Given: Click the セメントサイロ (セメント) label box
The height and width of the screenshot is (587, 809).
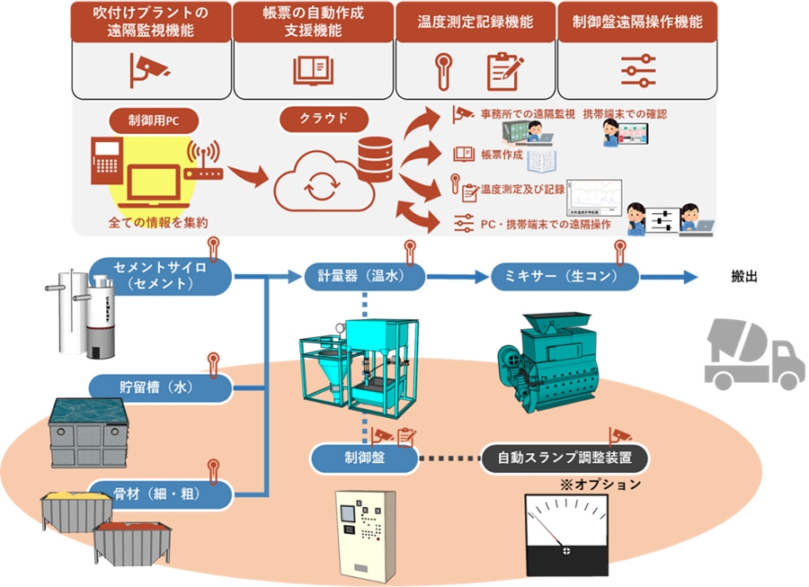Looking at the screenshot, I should (x=160, y=274).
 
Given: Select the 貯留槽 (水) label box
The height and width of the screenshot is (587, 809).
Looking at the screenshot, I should (x=160, y=388).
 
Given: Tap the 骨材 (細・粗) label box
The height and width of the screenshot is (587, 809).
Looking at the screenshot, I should (x=160, y=494).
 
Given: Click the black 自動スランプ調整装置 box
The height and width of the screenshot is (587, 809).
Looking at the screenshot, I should (x=565, y=458).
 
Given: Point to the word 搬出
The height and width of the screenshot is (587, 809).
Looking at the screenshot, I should (x=743, y=276).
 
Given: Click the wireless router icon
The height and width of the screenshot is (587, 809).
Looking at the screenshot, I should (x=204, y=165).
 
